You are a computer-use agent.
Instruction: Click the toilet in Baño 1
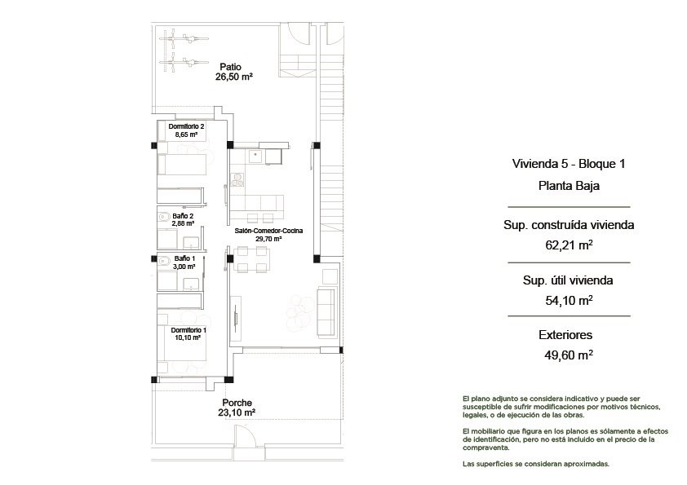coord(164,262)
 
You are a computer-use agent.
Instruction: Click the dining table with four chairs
coord(251,259)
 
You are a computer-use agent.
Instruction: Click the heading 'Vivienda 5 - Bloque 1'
coord(568,163)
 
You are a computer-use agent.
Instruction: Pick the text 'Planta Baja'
coord(569,186)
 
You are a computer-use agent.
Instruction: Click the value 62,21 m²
coord(569,244)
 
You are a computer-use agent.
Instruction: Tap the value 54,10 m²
coord(569,300)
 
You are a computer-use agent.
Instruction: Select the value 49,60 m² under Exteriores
coord(569,355)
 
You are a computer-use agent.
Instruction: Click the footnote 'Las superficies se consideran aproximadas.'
coord(534,464)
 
